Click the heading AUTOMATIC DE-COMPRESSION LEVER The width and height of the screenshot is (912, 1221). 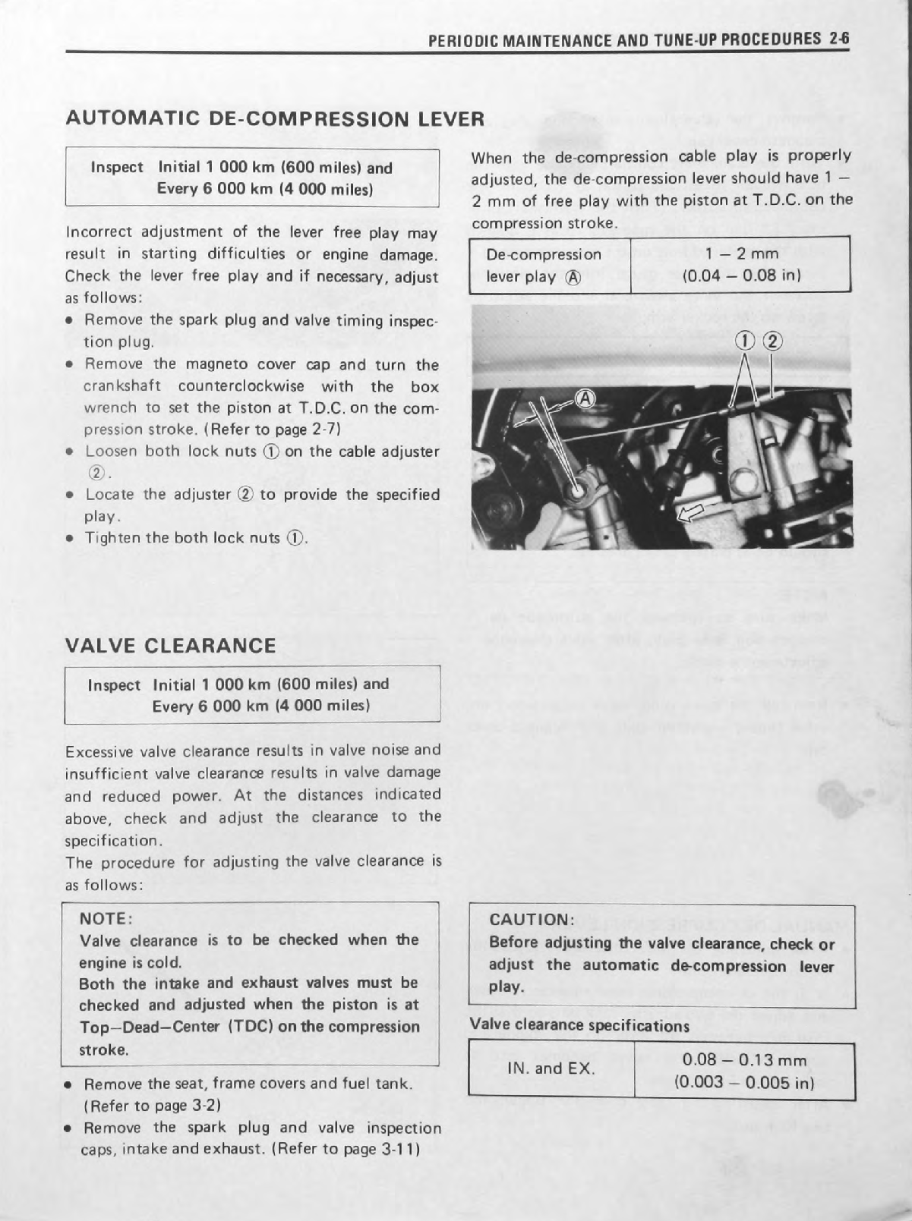tap(275, 118)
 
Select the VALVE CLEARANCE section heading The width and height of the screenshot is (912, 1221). tap(171, 646)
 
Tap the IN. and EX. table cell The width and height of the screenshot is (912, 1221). tap(551, 1068)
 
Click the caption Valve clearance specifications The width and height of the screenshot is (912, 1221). tap(579, 1025)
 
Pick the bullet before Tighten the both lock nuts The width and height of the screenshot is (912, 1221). tap(70, 539)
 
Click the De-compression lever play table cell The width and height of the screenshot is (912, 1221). tap(544, 265)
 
